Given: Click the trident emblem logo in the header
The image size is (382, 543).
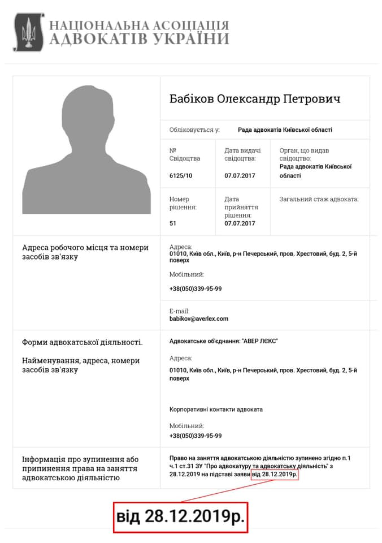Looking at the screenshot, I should pos(25,33).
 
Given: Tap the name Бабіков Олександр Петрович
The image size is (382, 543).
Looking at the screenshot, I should pos(255,99).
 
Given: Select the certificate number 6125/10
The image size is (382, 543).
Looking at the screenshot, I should pos(181,176).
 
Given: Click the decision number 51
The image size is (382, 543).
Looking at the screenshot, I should pos(173,223).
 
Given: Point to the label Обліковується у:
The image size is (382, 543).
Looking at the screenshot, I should pos(194,130).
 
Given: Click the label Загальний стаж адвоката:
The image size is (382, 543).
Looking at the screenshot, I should pos(319,199).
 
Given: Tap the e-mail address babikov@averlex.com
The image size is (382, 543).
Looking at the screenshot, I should pos(198,319).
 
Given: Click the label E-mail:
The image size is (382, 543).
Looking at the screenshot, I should pos(179,311).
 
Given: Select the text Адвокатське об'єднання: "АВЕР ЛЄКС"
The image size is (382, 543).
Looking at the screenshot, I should pos(224,341).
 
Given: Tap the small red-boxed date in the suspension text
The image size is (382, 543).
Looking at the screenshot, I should pos(274,475).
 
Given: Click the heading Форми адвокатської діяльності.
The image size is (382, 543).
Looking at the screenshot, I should pos(83,342).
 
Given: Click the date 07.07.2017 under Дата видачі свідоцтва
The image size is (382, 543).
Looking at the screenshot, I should pos(240,176).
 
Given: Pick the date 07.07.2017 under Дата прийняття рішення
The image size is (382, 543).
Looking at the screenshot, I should pos(240,223).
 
